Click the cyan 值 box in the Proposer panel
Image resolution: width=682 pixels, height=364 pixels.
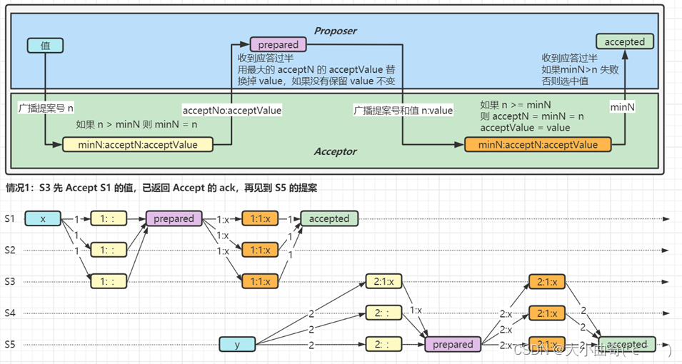click(45, 46)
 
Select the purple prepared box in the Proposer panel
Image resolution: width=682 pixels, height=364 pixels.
click(278, 45)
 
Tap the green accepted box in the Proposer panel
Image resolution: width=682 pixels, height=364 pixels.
click(624, 42)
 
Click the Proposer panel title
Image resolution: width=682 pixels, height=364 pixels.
click(336, 31)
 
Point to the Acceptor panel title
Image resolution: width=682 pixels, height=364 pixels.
click(336, 151)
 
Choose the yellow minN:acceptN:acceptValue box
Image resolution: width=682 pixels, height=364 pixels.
click(138, 145)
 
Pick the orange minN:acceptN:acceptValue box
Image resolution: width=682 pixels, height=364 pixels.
click(538, 145)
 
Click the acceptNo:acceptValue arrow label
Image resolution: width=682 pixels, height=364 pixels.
click(232, 111)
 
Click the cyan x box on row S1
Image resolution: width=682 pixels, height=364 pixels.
click(44, 219)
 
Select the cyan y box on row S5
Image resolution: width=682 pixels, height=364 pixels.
click(237, 345)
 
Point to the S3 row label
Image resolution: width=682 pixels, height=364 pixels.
click(10, 281)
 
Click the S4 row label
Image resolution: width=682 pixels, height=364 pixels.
click(10, 313)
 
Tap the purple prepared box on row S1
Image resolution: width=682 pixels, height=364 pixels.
click(174, 219)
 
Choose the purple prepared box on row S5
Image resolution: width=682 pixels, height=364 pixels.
click(453, 345)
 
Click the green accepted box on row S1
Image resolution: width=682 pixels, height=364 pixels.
click(329, 219)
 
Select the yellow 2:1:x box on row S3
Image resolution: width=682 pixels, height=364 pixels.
click(383, 281)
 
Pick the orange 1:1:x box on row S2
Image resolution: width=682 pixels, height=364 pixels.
click(260, 250)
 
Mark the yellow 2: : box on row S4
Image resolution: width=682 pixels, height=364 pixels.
click(383, 313)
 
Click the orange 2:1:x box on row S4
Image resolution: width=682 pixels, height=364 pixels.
click(548, 313)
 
